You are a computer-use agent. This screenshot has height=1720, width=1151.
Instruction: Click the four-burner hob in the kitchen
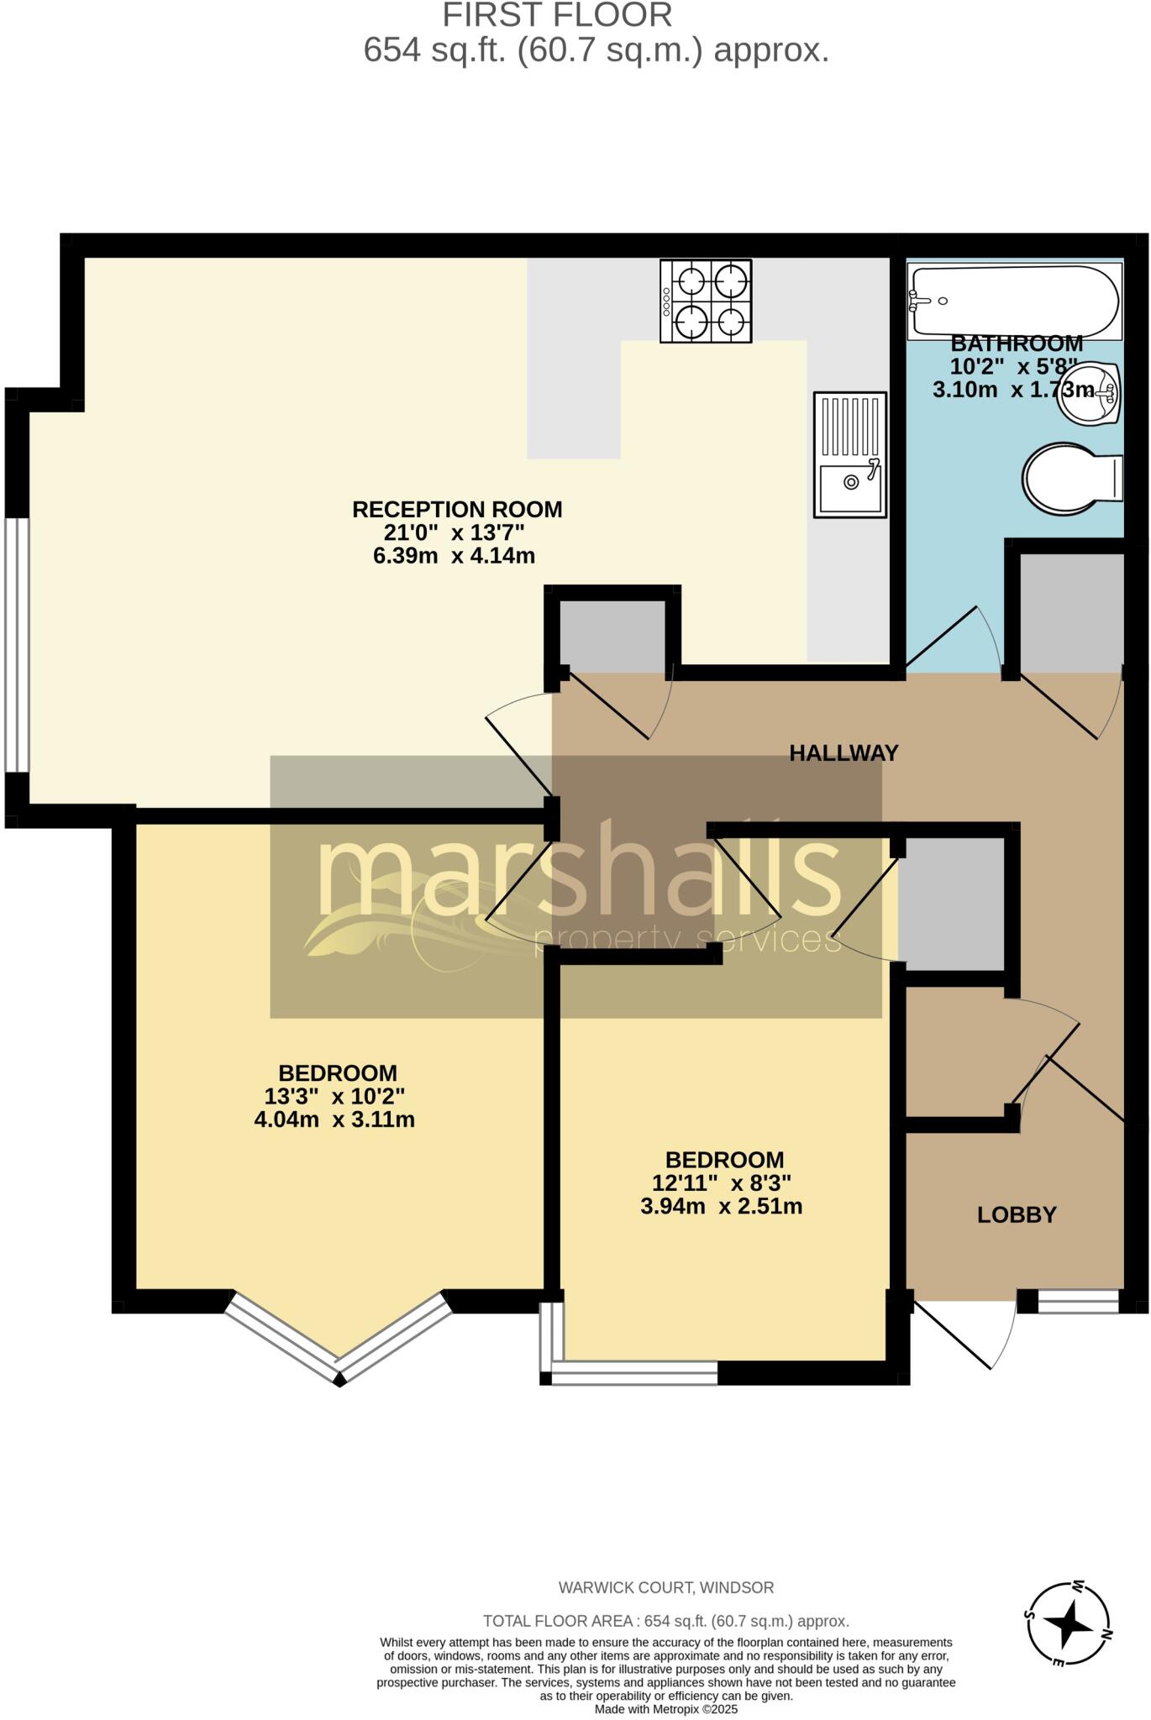(x=706, y=301)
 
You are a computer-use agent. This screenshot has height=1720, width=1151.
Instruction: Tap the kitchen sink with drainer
(x=850, y=454)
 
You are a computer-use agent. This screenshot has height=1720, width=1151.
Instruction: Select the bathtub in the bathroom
(x=1015, y=302)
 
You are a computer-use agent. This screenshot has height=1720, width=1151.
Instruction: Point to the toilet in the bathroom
(x=1072, y=480)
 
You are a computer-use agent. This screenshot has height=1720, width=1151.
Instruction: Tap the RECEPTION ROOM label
(x=457, y=509)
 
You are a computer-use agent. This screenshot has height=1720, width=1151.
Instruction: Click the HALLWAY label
(x=844, y=752)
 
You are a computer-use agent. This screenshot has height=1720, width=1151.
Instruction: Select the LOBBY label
(x=1017, y=1214)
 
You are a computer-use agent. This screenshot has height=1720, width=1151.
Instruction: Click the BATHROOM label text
(x=1017, y=343)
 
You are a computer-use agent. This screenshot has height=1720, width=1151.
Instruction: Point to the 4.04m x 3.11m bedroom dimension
(x=334, y=1120)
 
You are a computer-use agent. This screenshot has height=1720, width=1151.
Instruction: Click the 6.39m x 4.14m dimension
(x=454, y=555)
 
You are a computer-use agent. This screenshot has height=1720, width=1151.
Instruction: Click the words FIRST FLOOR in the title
(x=558, y=15)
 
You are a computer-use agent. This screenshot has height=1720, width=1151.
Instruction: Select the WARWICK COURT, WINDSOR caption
(x=666, y=1588)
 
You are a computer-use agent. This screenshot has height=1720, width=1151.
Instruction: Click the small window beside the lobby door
(x=1079, y=1301)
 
